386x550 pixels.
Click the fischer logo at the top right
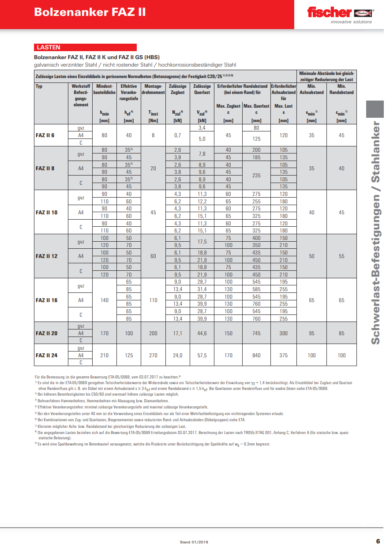point(340,14)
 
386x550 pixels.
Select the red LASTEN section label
point(49,47)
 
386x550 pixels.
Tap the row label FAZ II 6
point(45,135)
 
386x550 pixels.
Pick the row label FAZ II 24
point(46,355)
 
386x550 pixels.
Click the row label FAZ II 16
point(46,300)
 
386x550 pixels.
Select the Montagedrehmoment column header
point(153,90)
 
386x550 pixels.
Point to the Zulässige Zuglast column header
point(178,90)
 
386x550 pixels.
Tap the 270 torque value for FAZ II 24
point(153,355)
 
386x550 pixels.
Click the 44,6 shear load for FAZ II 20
point(202,333)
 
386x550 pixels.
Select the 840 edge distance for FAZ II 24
point(256,355)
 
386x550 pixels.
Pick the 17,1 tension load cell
point(178,333)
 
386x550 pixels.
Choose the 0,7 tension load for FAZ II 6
point(178,135)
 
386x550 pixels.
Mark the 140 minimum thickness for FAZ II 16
point(104,300)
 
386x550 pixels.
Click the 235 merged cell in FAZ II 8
point(256,175)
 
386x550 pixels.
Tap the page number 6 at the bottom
point(378,541)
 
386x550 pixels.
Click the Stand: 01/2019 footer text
point(194,542)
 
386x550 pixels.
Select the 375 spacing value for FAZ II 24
point(283,355)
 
